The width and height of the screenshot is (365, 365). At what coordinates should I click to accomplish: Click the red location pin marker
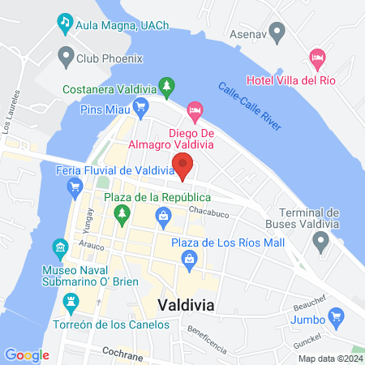coord(183,165)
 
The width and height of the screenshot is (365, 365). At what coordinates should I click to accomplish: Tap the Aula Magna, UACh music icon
coord(64,23)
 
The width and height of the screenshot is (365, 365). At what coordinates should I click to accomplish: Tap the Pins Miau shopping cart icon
coord(140,105)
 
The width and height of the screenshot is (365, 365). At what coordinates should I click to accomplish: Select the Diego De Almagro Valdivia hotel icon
coord(195,109)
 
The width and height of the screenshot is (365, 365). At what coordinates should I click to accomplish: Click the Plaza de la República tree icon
coord(122,215)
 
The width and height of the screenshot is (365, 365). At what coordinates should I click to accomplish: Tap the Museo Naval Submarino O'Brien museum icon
coord(58,247)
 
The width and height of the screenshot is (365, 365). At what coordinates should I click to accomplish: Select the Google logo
coord(27,354)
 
